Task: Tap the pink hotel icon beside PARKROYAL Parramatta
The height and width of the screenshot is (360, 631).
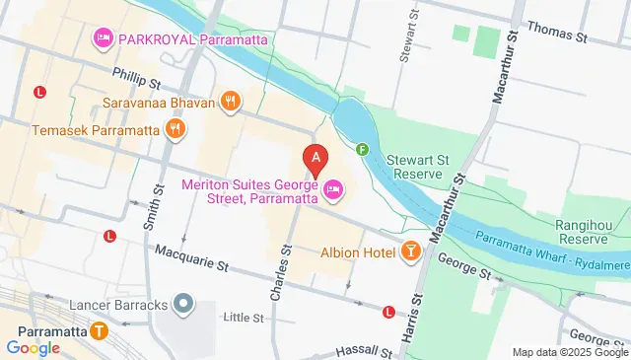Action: click(x=103, y=39)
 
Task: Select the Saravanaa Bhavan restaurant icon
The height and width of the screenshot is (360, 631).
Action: click(x=229, y=100)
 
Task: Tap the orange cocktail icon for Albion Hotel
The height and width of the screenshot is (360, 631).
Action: click(x=410, y=252)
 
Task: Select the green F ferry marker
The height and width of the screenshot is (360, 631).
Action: click(x=362, y=150)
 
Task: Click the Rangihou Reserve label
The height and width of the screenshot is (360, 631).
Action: click(x=589, y=231)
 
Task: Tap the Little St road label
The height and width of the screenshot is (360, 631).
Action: click(x=244, y=318)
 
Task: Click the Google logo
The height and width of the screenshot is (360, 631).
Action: click(x=33, y=347)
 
